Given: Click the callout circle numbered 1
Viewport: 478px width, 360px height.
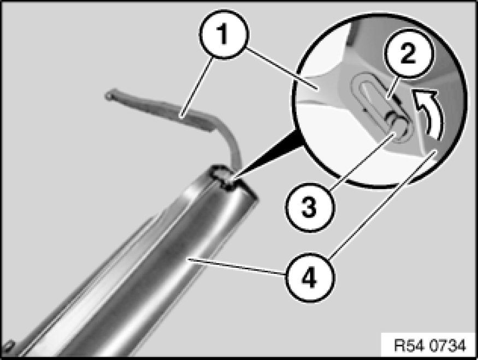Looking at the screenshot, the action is click(x=224, y=34).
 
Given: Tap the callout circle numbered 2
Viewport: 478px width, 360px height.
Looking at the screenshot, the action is click(x=409, y=54).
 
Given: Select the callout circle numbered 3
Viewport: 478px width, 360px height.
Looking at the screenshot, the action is click(x=310, y=208).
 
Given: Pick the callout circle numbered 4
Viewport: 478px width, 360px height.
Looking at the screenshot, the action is click(x=310, y=278).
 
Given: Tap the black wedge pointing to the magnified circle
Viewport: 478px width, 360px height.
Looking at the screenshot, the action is click(x=268, y=156).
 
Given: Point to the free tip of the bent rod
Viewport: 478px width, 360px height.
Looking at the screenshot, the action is click(x=109, y=95).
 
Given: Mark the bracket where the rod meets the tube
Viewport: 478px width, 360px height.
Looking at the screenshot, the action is click(x=226, y=178).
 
